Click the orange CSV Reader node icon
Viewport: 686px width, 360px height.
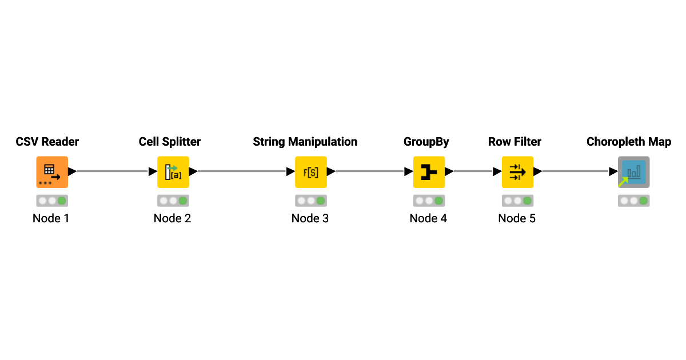pos(52,171)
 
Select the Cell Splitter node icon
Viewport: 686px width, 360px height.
pos(173,171)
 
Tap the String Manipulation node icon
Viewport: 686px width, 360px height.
pos(310,171)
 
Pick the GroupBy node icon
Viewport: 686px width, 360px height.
pos(429,171)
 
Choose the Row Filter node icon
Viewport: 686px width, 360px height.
pos(517,171)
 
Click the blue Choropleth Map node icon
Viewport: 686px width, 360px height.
pos(633,171)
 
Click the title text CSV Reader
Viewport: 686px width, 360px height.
pos(47,142)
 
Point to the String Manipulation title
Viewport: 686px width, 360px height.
pos(305,142)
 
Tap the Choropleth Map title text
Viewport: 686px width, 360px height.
pos(629,142)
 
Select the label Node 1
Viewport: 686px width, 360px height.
pos(51,218)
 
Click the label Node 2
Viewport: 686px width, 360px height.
pos(172,218)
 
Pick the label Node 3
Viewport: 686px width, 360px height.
pos(310,218)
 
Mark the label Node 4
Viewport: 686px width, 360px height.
pos(428,218)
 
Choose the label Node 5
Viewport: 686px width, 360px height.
pos(517,218)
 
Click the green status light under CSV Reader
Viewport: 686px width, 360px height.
pos(62,201)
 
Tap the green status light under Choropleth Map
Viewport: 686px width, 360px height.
pos(643,201)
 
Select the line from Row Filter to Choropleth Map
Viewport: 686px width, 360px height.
pos(575,171)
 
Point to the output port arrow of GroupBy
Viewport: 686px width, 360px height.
pos(449,171)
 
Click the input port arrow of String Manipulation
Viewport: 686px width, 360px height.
pos(290,171)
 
